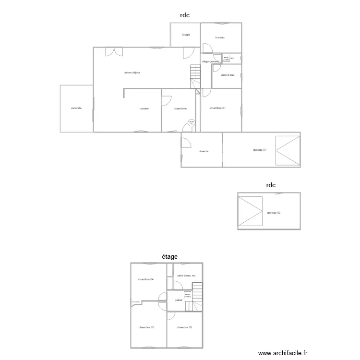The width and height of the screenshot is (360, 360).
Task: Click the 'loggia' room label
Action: (186, 35)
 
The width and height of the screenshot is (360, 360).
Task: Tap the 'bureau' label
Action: (220, 37)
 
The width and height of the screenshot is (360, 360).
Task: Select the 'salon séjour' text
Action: (132, 72)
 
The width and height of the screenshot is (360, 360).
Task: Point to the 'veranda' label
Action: (76, 108)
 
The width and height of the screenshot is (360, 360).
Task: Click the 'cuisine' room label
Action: (144, 108)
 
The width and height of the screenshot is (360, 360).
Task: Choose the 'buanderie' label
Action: (180, 108)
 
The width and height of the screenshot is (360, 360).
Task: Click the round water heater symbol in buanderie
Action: (191, 123)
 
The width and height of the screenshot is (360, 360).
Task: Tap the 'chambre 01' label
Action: (218, 108)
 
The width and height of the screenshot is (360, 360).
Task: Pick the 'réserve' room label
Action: (203, 151)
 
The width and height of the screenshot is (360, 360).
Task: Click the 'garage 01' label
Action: (260, 150)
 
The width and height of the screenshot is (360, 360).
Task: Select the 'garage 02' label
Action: (274, 213)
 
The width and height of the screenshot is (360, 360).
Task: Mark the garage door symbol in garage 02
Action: (251, 211)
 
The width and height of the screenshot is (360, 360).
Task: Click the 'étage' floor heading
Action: (169, 257)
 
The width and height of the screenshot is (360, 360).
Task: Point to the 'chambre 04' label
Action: (146, 279)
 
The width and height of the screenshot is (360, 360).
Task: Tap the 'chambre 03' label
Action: (146, 327)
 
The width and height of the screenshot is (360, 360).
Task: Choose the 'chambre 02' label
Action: (184, 327)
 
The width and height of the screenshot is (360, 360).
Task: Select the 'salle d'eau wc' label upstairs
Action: (186, 276)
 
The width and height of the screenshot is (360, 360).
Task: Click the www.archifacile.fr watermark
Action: (282, 353)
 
